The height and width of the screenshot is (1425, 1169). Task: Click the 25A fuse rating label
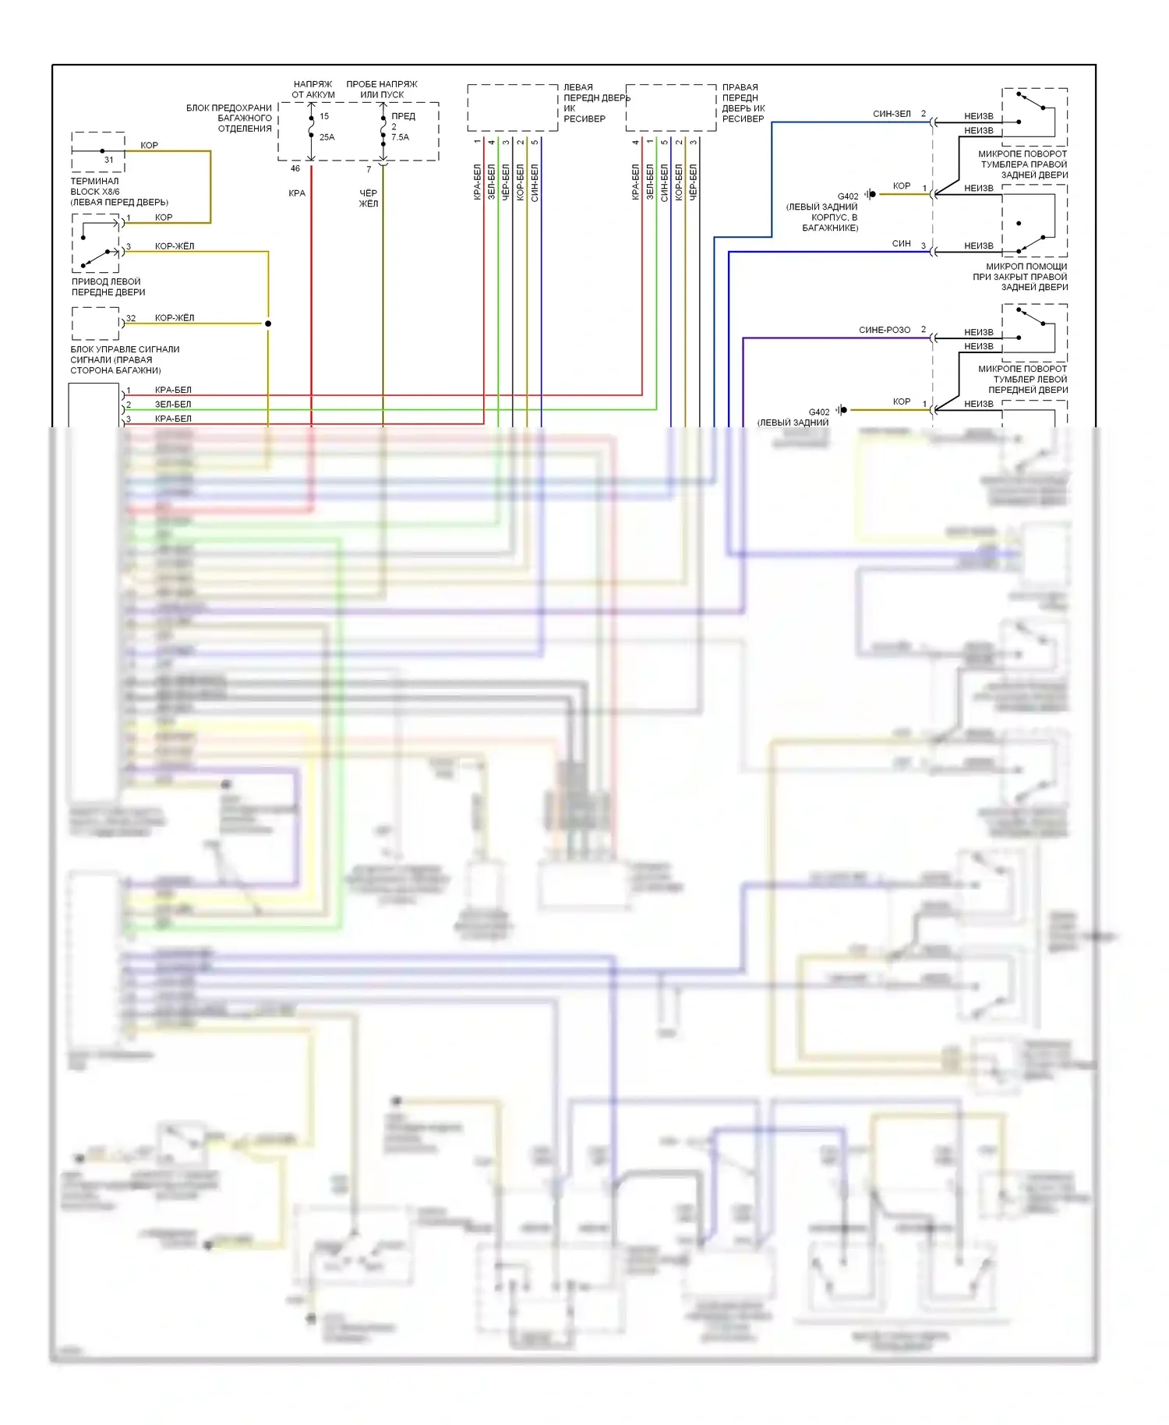(x=327, y=137)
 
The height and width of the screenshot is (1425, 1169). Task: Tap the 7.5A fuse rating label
(x=400, y=137)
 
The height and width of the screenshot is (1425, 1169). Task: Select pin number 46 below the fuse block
(x=295, y=168)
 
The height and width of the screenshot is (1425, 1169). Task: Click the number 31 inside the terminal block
(x=108, y=160)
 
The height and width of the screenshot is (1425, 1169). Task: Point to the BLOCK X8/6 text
(x=95, y=192)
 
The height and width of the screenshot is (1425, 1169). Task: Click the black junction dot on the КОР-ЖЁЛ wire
(x=268, y=324)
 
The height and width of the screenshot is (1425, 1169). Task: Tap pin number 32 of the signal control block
(x=131, y=318)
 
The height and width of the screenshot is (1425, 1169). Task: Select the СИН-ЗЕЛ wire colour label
(x=892, y=114)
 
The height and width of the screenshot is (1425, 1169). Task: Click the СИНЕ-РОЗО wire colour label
(x=885, y=330)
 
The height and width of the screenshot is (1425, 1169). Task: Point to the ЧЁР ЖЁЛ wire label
(x=368, y=198)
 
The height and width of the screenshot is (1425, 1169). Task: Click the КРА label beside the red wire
(x=297, y=193)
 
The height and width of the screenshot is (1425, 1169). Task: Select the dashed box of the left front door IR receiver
(x=512, y=108)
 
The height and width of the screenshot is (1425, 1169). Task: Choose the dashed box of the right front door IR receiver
(x=670, y=108)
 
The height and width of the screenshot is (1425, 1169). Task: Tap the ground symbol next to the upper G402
(x=870, y=194)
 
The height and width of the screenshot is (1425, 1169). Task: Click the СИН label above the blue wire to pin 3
(x=901, y=243)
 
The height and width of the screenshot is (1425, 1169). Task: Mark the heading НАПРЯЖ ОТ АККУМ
(x=313, y=89)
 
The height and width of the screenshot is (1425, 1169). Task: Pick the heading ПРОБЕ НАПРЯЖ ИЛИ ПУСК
(x=382, y=89)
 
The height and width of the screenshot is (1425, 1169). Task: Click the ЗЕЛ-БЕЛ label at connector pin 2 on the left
(x=173, y=405)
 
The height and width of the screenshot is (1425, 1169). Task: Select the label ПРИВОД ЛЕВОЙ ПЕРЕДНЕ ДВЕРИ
(x=108, y=287)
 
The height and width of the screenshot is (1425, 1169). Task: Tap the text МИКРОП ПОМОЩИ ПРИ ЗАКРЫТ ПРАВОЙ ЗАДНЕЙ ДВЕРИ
(x=1020, y=277)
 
